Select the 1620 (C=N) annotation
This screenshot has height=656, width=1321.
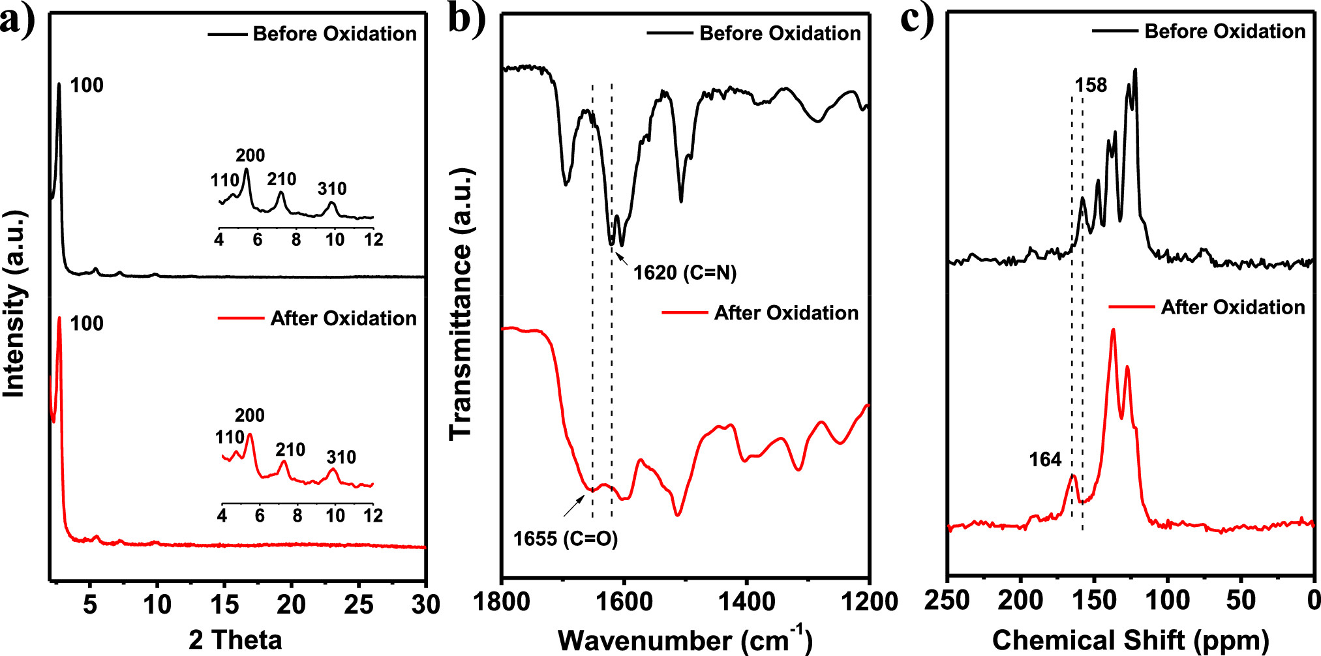(685, 273)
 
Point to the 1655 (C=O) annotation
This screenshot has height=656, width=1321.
(565, 539)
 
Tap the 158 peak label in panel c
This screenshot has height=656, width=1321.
(1091, 85)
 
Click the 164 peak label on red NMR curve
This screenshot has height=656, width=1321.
(1045, 460)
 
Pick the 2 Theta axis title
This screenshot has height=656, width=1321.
(235, 640)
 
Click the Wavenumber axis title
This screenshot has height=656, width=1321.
(685, 640)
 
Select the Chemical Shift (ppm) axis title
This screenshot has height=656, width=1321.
(1131, 640)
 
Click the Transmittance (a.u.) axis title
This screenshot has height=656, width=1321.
(461, 304)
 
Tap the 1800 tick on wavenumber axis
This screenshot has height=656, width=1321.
(501, 602)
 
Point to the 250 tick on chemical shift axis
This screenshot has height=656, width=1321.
(947, 601)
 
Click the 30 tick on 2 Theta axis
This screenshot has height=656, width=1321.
(425, 605)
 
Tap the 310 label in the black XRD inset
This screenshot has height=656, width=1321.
(332, 189)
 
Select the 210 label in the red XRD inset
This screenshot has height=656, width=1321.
(290, 450)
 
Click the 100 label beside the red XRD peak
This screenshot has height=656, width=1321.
(87, 323)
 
